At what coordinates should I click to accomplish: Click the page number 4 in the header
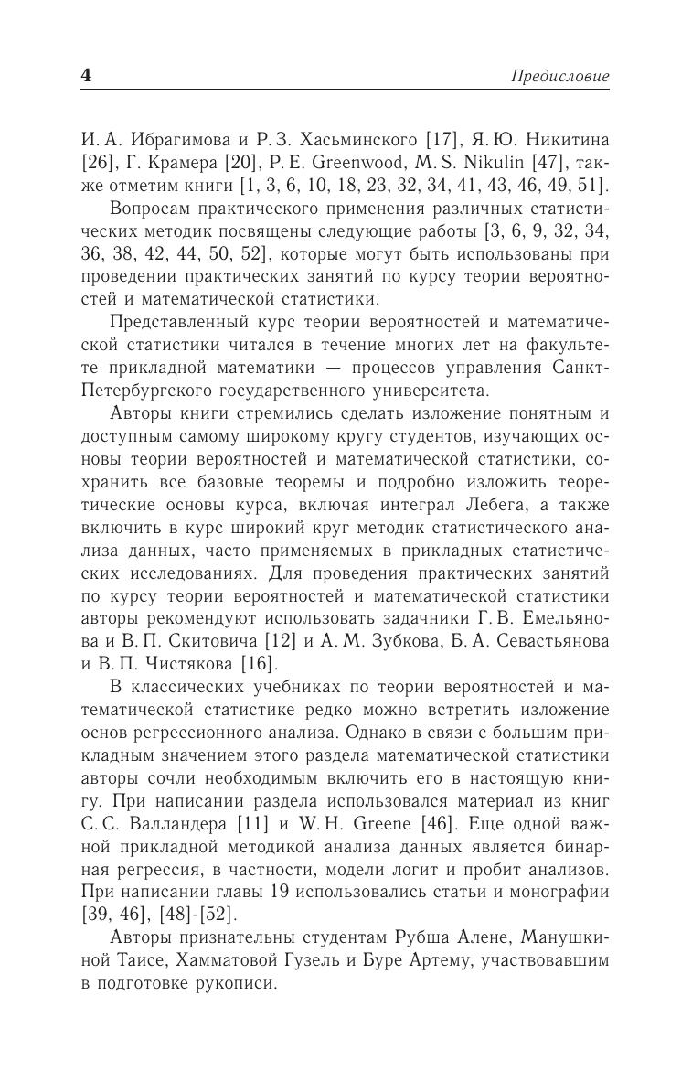point(87,76)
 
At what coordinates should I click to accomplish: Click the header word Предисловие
point(559,77)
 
